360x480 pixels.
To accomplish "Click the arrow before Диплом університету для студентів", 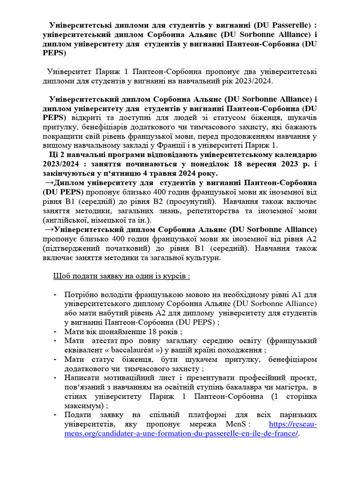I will pyautogui.click(x=49, y=183).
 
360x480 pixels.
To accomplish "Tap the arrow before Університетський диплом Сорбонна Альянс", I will pyautogui.click(x=49, y=229).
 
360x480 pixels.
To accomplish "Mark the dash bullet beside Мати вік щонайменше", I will pyautogui.click(x=55, y=331).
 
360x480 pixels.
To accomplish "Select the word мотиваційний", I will pyautogui.click(x=121, y=377).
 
